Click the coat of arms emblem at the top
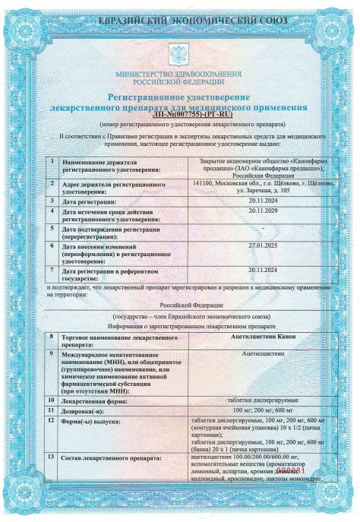(x=180, y=54)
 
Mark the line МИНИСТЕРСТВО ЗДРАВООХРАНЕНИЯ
(x=180, y=74)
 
